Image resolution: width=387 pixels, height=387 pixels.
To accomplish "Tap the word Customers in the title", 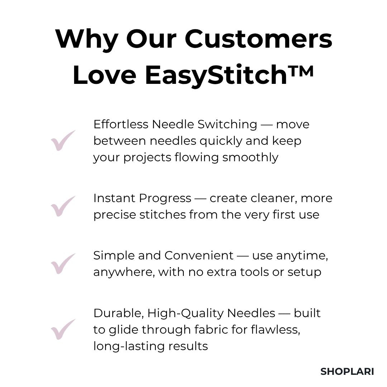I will [258, 39].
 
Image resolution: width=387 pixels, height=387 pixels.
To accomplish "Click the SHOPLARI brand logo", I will [347, 372].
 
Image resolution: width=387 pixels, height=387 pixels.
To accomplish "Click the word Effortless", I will [120, 124].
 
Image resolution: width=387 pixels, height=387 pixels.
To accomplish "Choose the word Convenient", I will [199, 255].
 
